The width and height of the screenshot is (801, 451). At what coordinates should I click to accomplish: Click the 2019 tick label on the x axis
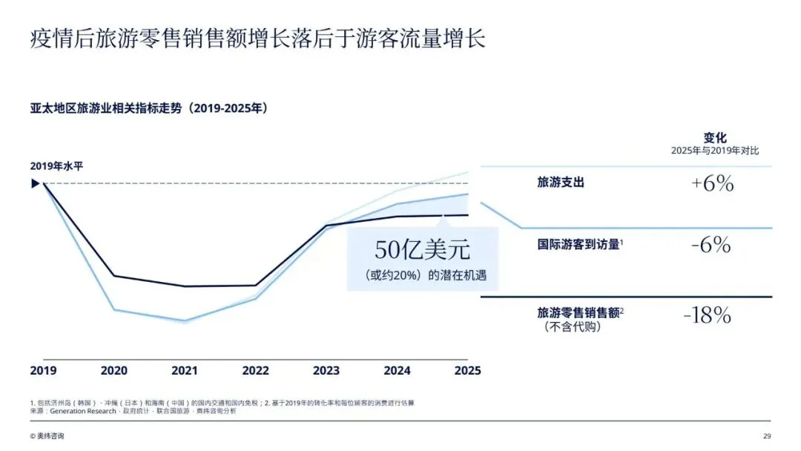click(44, 371)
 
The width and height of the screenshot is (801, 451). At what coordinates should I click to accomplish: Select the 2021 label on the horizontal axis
click(185, 371)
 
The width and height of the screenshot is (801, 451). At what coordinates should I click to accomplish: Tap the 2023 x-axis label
click(326, 371)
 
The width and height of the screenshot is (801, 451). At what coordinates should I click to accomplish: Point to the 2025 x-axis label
click(467, 371)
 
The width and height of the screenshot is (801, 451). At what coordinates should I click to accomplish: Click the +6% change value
click(713, 183)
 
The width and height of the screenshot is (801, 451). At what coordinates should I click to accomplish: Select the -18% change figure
click(708, 315)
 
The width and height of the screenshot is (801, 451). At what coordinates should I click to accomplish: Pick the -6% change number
click(711, 245)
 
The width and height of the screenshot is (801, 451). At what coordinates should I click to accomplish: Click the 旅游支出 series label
click(561, 182)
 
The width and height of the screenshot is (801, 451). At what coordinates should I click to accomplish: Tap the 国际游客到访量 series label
click(578, 245)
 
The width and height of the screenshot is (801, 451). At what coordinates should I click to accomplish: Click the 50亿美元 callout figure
click(423, 250)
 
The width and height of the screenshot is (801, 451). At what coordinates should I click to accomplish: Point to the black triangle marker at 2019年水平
click(36, 183)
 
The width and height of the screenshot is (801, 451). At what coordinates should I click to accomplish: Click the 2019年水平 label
click(56, 166)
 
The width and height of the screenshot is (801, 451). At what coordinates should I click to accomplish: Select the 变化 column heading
click(715, 137)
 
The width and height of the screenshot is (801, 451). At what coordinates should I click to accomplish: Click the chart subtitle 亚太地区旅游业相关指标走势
click(106, 108)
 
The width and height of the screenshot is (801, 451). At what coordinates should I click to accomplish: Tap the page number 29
click(767, 436)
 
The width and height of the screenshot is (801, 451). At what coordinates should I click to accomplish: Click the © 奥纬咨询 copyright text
click(47, 436)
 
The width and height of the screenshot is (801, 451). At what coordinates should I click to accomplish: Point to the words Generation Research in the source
click(83, 411)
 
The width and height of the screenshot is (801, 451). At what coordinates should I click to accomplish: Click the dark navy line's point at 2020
click(114, 276)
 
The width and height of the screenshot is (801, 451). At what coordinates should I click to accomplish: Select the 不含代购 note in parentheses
click(572, 327)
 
